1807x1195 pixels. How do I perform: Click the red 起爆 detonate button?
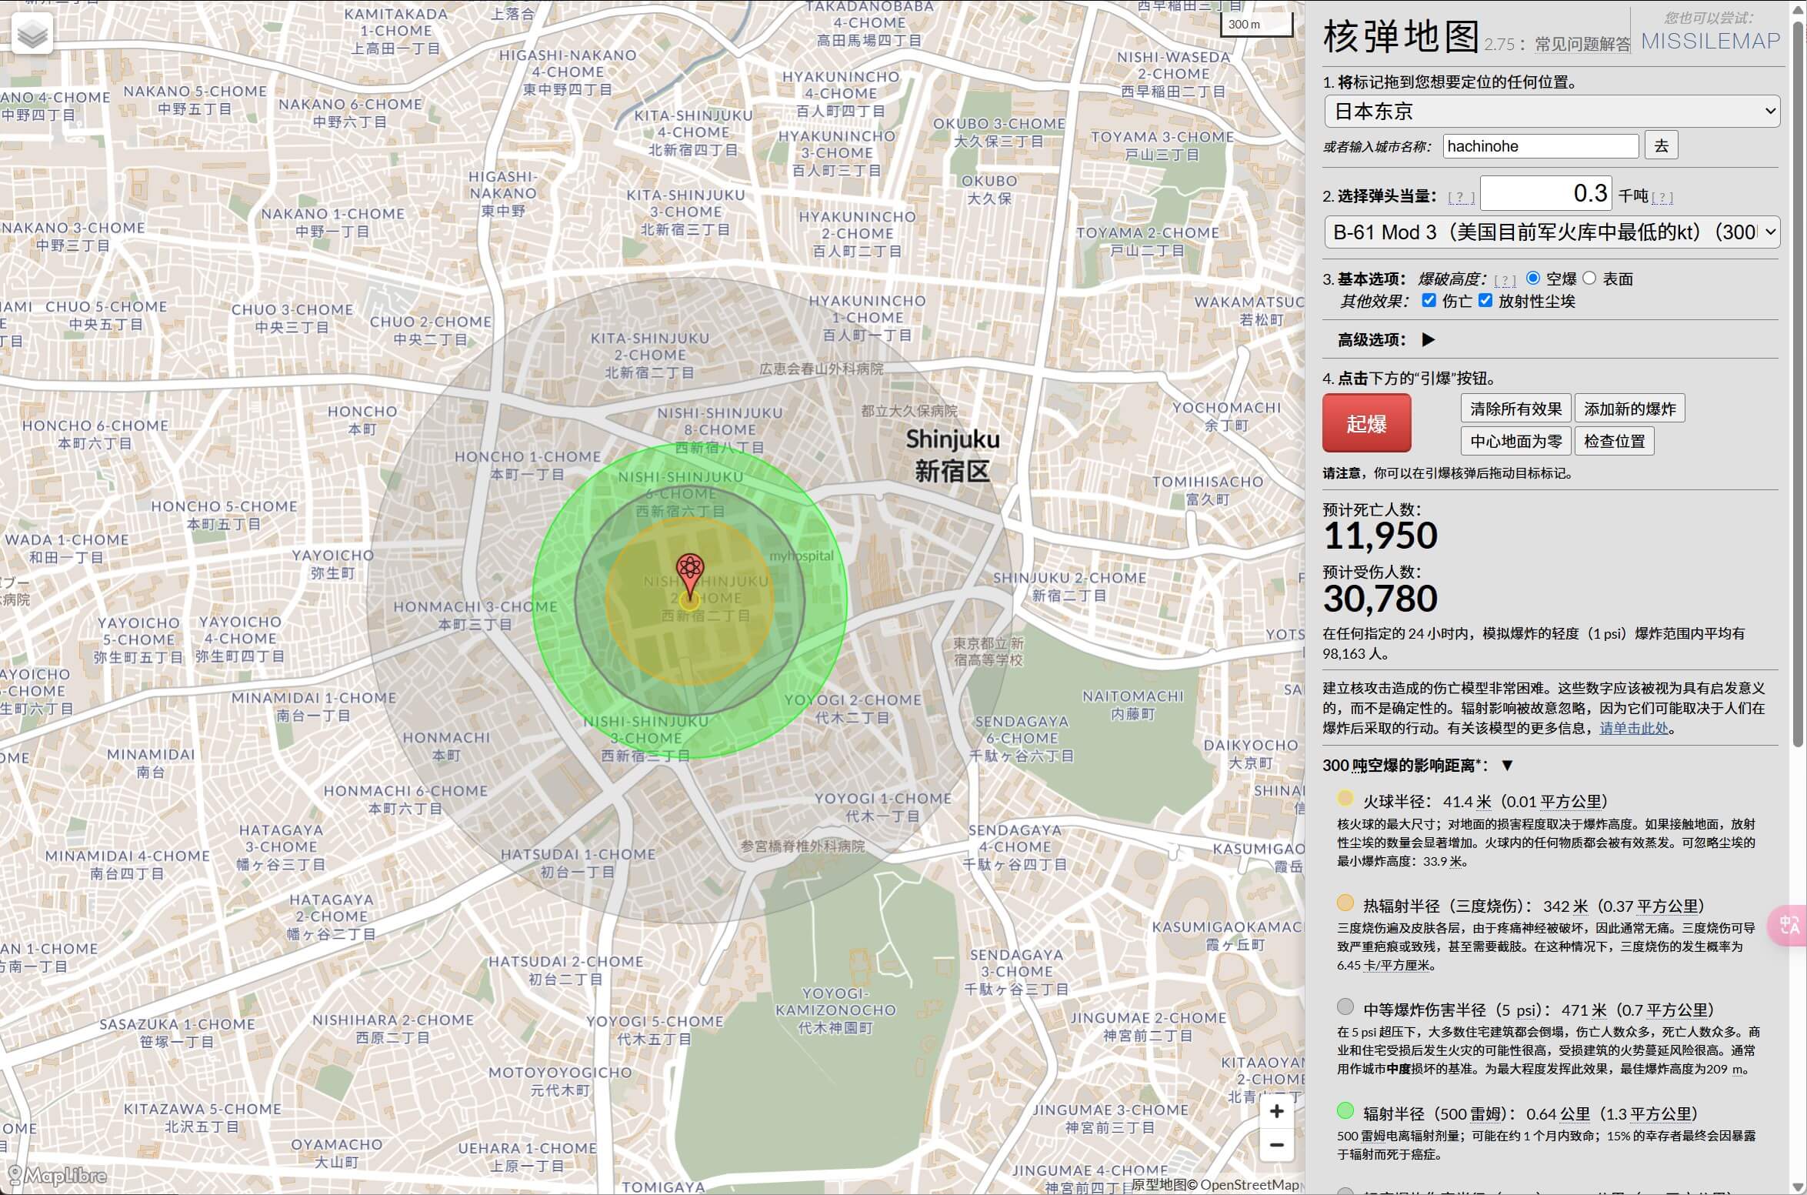[x=1366, y=423]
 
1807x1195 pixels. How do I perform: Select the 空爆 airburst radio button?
[x=1533, y=279]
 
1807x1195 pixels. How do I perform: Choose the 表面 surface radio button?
[x=1589, y=279]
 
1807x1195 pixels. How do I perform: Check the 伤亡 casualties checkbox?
[x=1429, y=301]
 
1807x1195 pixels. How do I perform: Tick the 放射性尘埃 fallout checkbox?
[x=1485, y=301]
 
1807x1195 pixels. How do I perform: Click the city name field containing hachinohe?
[x=1540, y=146]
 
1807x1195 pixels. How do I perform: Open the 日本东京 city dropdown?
[x=1552, y=112]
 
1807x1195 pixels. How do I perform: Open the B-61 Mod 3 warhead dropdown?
[x=1552, y=232]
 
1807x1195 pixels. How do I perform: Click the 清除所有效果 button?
[x=1515, y=409]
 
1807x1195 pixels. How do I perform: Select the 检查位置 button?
[x=1614, y=441]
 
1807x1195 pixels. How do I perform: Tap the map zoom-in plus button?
[x=1277, y=1112]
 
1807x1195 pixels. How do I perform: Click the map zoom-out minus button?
[x=1277, y=1145]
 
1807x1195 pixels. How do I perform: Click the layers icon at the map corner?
[x=32, y=34]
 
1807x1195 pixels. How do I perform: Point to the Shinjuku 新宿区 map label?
[x=952, y=455]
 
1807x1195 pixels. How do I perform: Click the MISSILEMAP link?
[x=1710, y=41]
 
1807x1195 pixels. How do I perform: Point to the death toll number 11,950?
[x=1380, y=536]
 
